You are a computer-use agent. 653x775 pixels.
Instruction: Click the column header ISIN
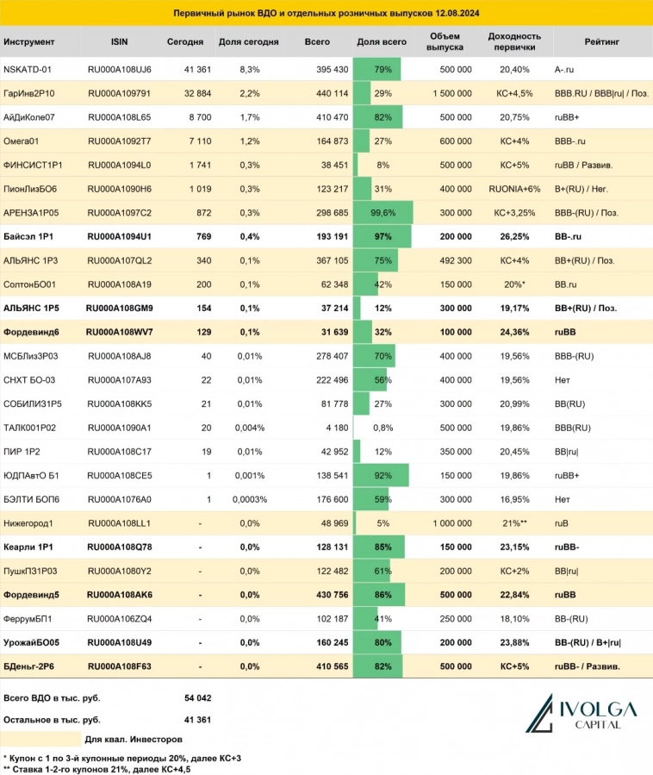[x=120, y=41]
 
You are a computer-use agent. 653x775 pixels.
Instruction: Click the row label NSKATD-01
[x=28, y=69]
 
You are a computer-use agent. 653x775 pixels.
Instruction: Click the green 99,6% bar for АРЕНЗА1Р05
[x=383, y=212]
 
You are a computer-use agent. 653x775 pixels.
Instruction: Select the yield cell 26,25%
[x=513, y=235]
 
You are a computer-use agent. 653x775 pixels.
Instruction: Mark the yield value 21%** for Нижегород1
[x=513, y=522]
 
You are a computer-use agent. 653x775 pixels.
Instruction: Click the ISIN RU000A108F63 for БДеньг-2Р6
[x=119, y=666]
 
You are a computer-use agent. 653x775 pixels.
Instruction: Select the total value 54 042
[x=197, y=697]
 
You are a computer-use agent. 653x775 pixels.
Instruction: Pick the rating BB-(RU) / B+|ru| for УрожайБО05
[x=589, y=641]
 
